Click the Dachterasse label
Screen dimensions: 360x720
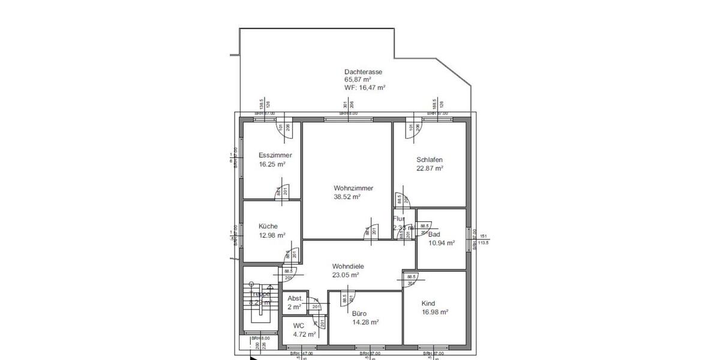click(x=363, y=71)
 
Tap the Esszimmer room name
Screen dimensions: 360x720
click(x=275, y=155)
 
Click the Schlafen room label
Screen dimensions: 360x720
click(x=429, y=160)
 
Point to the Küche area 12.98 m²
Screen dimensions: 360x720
click(x=271, y=235)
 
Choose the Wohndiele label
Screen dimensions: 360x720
click(x=348, y=266)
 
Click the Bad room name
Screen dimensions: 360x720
click(x=434, y=234)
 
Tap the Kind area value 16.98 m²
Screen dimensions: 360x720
click(x=434, y=312)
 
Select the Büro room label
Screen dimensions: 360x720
click(x=359, y=313)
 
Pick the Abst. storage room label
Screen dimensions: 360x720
click(x=295, y=298)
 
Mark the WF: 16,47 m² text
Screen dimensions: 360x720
click(x=364, y=87)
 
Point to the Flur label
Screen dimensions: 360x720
click(x=399, y=219)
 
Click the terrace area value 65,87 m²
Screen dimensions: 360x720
click(x=357, y=79)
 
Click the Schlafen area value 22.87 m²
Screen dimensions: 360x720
click(x=430, y=169)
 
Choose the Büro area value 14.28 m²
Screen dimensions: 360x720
click(x=365, y=322)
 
